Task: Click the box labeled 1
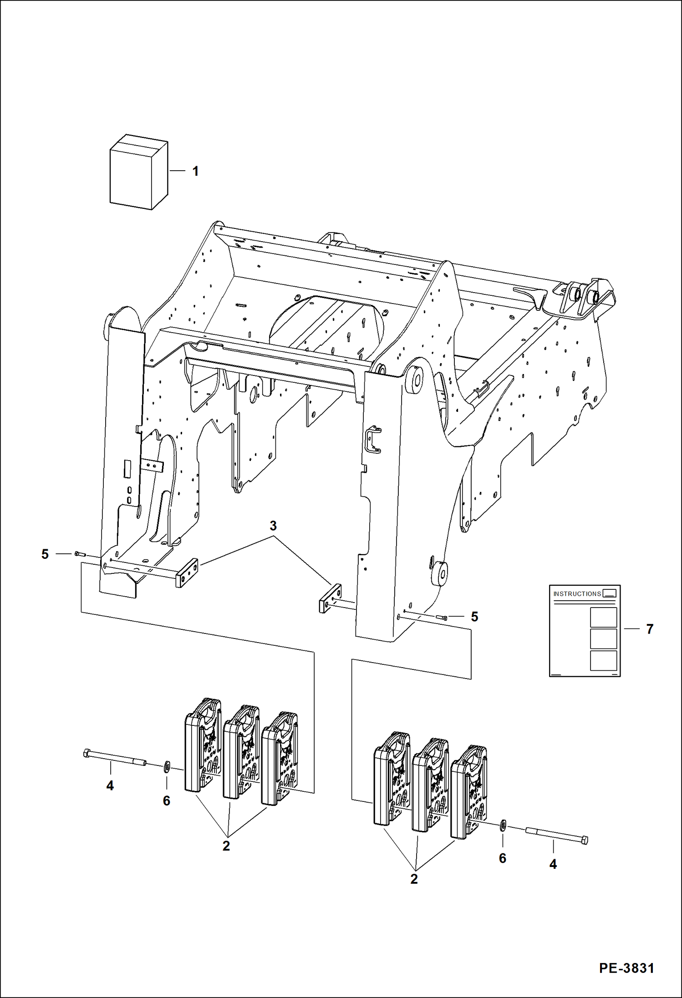pyautogui.click(x=138, y=172)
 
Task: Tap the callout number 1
pyautogui.click(x=195, y=172)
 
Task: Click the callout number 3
pyautogui.click(x=273, y=526)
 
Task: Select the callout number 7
pyautogui.click(x=650, y=629)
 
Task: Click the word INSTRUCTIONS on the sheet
pyautogui.click(x=577, y=594)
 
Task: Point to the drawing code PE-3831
pyautogui.click(x=626, y=968)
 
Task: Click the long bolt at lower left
pyautogui.click(x=114, y=758)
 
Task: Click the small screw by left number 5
pyautogui.click(x=80, y=554)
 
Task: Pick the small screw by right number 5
pyautogui.click(x=442, y=618)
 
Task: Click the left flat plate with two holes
pyautogui.click(x=187, y=572)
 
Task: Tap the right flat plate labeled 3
pyautogui.click(x=330, y=598)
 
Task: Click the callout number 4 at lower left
pyautogui.click(x=110, y=785)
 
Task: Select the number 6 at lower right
pyautogui.click(x=503, y=858)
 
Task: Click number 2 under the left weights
pyautogui.click(x=226, y=846)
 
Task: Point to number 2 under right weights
pyautogui.click(x=414, y=879)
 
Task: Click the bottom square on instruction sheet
pyautogui.click(x=603, y=660)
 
